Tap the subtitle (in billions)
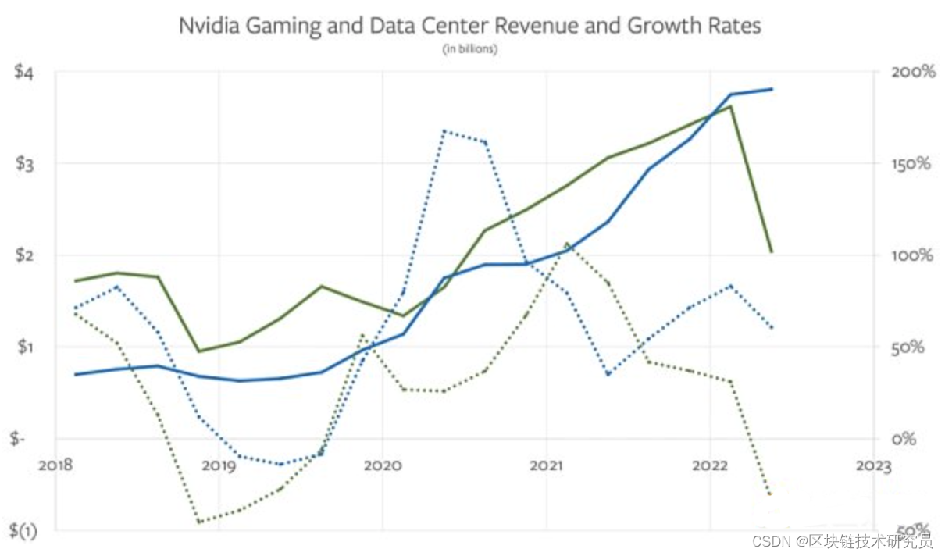[x=470, y=49]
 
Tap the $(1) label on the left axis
[x=23, y=530]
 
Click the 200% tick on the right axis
[x=912, y=72]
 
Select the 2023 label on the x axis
[x=872, y=466]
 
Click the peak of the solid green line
[x=730, y=106]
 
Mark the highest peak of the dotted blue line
[x=443, y=130]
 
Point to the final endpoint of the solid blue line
[x=772, y=89]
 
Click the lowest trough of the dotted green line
[x=199, y=522]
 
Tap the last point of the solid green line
[x=772, y=251]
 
